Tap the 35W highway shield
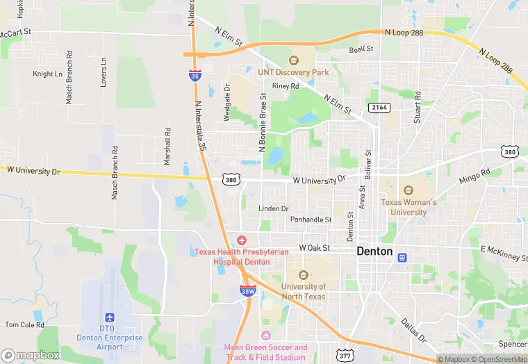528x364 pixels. coord(247,291)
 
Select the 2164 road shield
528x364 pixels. coord(379,107)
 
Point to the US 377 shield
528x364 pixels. coord(344,356)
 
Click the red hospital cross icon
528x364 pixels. coord(241,240)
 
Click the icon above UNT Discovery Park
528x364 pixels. coord(293,60)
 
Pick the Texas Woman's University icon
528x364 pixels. coord(408,190)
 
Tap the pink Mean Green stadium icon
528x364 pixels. coord(265,336)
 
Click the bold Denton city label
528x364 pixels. coord(374,251)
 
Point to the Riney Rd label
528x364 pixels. coord(285,86)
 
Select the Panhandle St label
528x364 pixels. coord(311,220)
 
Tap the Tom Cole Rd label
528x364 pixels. coord(24,324)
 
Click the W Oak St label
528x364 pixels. coord(314,248)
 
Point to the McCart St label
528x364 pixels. coord(15,33)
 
